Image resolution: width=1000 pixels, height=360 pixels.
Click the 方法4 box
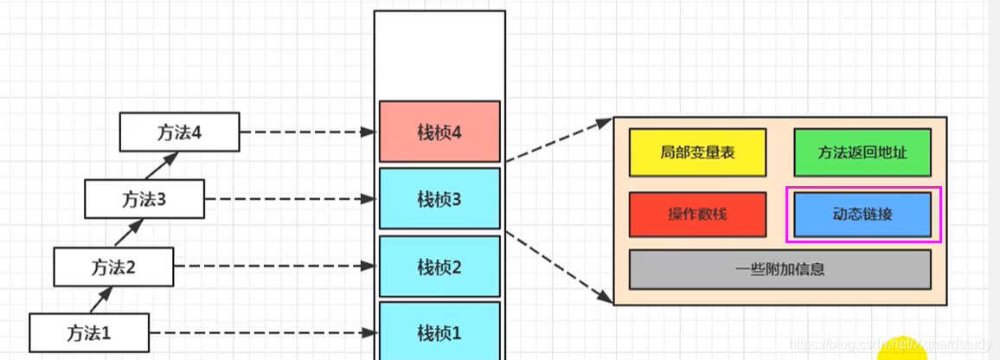[x=179, y=132]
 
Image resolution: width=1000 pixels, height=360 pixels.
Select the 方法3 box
[x=144, y=199]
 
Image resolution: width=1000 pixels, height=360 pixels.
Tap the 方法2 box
[x=113, y=267]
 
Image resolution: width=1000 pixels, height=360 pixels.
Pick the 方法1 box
[x=89, y=332]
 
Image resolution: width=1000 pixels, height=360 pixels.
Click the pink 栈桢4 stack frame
[x=439, y=132]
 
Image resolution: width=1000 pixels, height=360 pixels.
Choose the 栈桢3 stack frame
[x=439, y=199]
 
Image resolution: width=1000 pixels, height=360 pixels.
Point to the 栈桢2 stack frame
[x=439, y=266]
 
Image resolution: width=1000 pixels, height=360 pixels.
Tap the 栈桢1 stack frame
[x=439, y=332]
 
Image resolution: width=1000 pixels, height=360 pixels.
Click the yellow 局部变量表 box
[x=697, y=152]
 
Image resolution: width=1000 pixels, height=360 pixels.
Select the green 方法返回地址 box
[x=862, y=152]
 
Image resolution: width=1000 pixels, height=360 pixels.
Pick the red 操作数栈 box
[x=697, y=215]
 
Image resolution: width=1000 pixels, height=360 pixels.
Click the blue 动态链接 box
[x=862, y=215]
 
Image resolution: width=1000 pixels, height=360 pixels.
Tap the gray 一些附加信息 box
[x=779, y=269]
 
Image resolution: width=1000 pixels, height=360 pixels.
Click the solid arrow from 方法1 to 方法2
[x=101, y=300]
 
